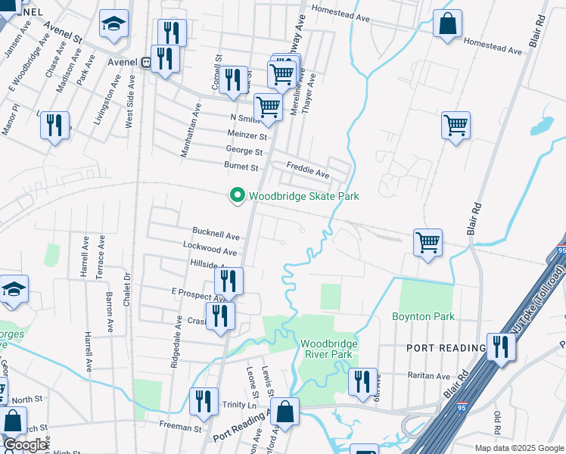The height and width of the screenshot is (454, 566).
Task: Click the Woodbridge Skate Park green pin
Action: pos(238,196)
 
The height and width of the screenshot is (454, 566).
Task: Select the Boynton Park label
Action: pos(423,316)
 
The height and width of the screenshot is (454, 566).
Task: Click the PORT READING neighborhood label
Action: pos(445,347)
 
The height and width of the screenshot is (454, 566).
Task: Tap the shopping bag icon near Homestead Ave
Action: pos(447,24)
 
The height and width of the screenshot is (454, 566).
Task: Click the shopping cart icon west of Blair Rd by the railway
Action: pos(428,243)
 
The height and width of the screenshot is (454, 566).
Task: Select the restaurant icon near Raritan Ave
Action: pos(363,381)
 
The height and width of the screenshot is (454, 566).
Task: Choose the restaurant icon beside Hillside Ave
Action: pos(229,281)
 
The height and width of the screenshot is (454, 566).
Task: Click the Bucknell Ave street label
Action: pos(216,235)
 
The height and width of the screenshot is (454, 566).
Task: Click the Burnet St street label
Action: pos(241,166)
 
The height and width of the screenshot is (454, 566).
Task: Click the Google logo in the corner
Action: pos(25,444)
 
